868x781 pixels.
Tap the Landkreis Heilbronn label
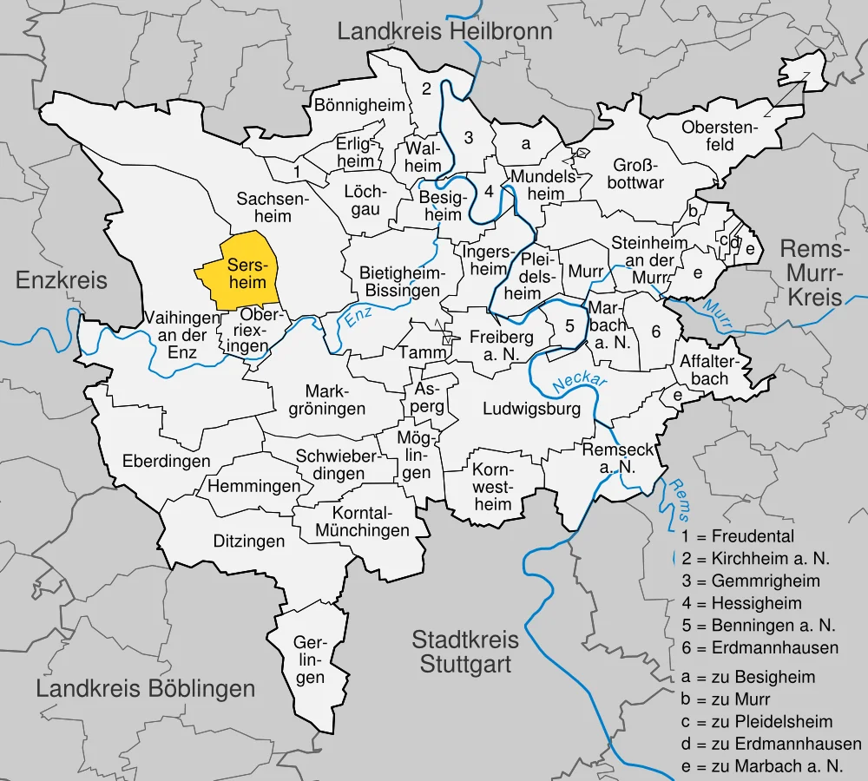[x=444, y=32]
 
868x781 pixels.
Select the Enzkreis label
[x=62, y=279]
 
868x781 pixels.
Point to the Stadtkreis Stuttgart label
[x=465, y=653]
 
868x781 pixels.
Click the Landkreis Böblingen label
[x=146, y=689]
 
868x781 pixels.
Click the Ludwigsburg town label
[x=531, y=410]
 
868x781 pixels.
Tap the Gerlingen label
[x=309, y=660]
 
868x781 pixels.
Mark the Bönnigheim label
[x=360, y=106]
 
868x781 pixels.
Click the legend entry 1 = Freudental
[x=738, y=536]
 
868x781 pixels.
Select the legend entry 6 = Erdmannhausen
[x=759, y=647]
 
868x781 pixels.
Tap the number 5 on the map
[x=569, y=326]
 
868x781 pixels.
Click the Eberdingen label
[x=167, y=460]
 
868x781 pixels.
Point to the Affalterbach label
[x=704, y=370]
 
